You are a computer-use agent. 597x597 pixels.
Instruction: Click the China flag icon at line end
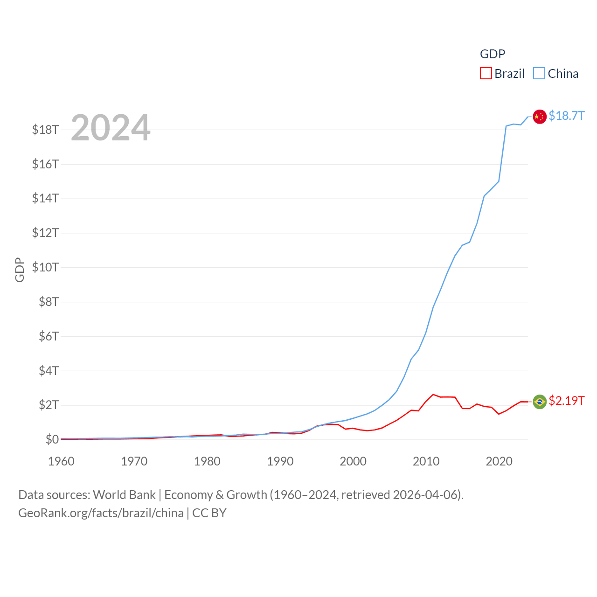coord(540,117)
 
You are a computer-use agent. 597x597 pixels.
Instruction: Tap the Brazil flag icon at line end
coord(540,402)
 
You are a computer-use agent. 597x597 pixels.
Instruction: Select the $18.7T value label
coord(566,116)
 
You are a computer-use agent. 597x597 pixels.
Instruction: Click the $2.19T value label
coord(566,401)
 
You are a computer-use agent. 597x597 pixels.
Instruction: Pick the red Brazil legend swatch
coord(486,74)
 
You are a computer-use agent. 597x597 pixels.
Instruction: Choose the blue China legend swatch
coord(539,74)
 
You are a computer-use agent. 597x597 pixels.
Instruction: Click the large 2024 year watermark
coord(111,128)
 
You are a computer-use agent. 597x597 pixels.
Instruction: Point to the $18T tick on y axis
coord(45,130)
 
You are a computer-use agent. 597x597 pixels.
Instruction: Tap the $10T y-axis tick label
coord(45,267)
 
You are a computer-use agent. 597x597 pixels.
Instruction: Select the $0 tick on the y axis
coord(52,439)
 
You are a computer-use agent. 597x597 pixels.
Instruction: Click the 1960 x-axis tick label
coord(61,461)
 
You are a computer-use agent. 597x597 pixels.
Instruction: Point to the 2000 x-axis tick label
coord(353,461)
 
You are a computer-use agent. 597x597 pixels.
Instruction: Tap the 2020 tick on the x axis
coord(499,461)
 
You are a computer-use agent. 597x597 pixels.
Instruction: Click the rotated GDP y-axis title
coord(20,270)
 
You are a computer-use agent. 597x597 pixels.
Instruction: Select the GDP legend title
coord(493,54)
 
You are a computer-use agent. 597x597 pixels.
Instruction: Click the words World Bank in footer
coord(124,495)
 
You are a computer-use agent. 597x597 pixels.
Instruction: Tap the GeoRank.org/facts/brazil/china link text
coord(101,513)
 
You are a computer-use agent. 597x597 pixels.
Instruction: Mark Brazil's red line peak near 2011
coord(433,395)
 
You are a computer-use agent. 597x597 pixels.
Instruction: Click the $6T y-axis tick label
coord(49,336)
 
